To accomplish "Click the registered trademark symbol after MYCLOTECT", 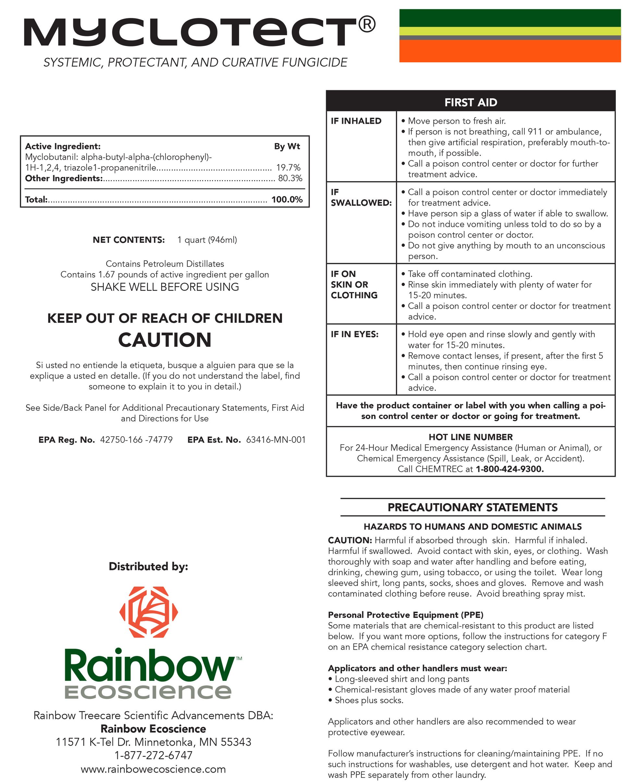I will (367, 24).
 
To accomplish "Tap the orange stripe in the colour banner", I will (509, 51).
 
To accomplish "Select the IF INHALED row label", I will (356, 121).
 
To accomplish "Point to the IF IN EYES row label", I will (354, 334).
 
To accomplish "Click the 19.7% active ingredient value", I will (288, 168).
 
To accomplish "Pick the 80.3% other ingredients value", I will (290, 178).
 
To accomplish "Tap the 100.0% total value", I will (287, 200).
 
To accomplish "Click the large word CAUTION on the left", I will (165, 340).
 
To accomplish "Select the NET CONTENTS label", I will (129, 240).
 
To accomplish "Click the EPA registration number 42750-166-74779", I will (136, 440).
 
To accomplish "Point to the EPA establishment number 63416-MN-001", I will (275, 440).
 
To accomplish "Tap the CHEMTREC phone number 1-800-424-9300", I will (509, 469).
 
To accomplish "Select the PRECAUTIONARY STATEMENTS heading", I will (472, 507).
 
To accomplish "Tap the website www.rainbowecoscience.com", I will (153, 769).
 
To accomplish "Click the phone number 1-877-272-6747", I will (153, 755).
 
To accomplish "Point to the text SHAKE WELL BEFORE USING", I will (165, 287).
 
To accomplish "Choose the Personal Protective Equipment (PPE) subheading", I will (405, 615).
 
